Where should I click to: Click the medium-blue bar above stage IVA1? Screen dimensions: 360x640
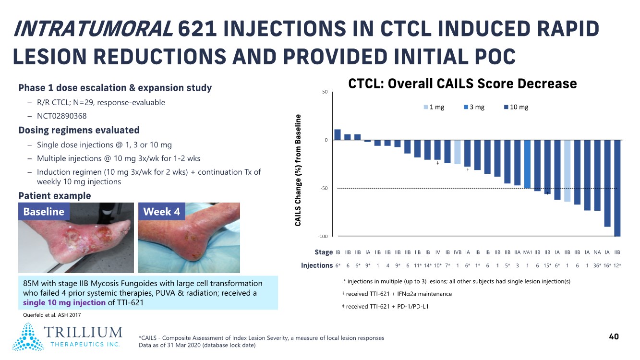pos(527,164)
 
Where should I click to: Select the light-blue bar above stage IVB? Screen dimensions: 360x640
pos(458,152)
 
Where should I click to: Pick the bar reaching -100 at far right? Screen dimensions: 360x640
pos(617,188)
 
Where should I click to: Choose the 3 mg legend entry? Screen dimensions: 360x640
pos(474,107)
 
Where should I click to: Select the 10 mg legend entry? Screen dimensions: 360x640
pos(516,107)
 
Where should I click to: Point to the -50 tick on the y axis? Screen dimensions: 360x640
pos(325,188)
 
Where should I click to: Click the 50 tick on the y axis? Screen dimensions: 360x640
pos(326,92)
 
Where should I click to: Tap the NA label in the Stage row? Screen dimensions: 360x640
pos(597,252)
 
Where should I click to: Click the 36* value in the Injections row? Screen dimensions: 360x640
pos(597,265)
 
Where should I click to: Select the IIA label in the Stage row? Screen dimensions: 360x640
pos(517,252)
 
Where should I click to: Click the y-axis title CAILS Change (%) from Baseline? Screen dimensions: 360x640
pos(298,170)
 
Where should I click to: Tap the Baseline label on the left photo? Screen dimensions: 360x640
pos(44,212)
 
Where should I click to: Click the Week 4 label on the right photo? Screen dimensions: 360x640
pos(161,212)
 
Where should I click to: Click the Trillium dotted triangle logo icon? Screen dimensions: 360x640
pos(28,337)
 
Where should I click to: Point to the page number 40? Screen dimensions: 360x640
pos(614,336)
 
